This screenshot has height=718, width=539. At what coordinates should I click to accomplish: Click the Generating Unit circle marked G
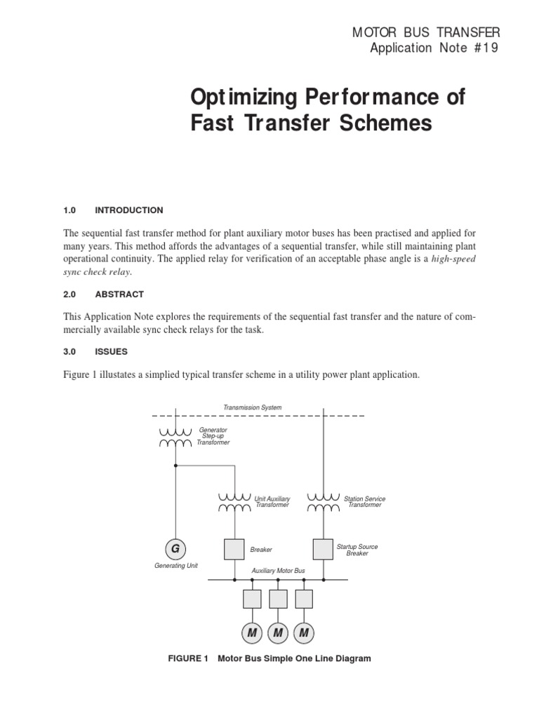175,549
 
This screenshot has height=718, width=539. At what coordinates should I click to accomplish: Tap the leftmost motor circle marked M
251,634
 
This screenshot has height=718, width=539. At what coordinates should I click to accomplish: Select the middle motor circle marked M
278,634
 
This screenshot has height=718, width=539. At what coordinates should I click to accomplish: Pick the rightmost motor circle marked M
304,634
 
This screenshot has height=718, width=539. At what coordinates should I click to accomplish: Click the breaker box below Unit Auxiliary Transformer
234,549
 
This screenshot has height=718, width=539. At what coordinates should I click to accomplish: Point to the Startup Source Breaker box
323,549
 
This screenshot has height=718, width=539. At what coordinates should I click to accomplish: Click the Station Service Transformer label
364,502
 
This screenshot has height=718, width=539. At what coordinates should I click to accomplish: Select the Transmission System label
252,407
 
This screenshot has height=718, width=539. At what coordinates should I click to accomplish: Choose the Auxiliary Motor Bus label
278,571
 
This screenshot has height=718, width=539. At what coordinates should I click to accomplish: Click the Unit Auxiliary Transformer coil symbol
234,503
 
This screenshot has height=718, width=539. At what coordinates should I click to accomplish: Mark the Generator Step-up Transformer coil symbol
175,437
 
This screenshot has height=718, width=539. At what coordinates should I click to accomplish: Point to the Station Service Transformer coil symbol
323,503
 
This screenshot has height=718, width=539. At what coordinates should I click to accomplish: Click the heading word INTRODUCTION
128,210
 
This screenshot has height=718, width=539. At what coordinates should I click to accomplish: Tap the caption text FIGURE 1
188,658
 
